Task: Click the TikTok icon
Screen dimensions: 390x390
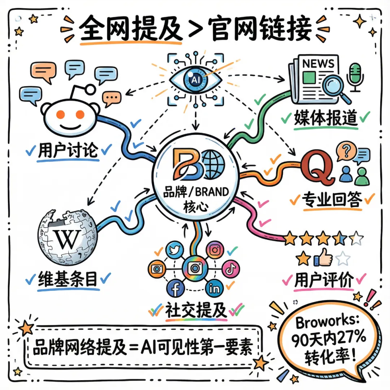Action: click(x=230, y=268)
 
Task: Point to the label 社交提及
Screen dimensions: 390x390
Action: click(x=196, y=310)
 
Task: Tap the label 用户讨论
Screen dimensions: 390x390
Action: click(x=68, y=150)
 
